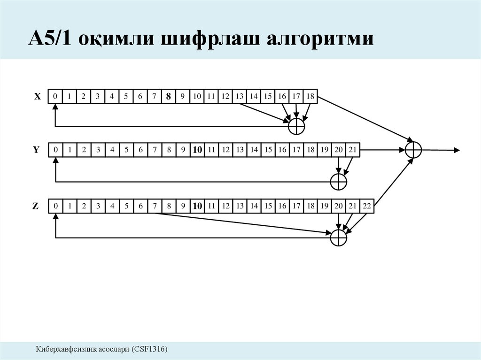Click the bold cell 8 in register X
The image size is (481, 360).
tap(168, 97)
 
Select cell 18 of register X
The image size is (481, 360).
tap(310, 97)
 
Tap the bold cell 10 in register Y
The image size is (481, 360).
tap(197, 150)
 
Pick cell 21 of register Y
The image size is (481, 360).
tap(353, 150)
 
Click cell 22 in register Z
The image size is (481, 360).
tap(367, 206)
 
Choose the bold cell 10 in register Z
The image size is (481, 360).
tap(197, 206)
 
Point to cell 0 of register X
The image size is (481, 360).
tap(55, 97)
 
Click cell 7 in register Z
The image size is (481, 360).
tap(155, 206)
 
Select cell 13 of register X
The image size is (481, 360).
tap(240, 97)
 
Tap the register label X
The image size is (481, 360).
tap(38, 97)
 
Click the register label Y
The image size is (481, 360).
tap(36, 150)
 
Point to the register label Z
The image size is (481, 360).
tap(36, 206)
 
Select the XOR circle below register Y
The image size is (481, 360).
tap(338, 182)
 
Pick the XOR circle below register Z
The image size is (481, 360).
tap(338, 237)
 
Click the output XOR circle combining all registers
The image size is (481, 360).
tap(413, 150)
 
